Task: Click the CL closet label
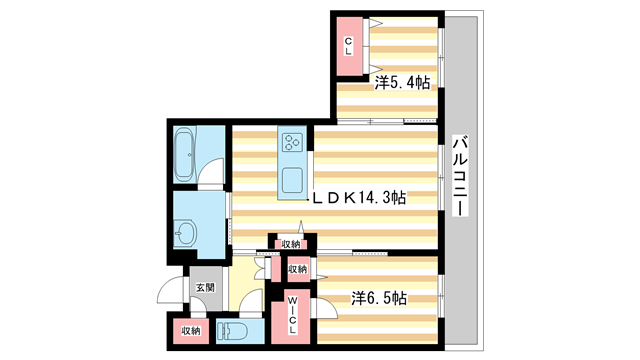coord(349,44)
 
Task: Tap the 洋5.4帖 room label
coord(403,84)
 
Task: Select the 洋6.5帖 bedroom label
coord(378,297)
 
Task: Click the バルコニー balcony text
coord(459,180)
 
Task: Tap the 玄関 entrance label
coord(204,288)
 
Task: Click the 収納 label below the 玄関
coord(190,330)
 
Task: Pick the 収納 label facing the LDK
coord(290,244)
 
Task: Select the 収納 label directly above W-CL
coord(297,269)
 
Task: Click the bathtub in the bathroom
coord(187,155)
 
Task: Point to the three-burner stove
coord(293,144)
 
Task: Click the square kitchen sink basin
coord(294,181)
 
